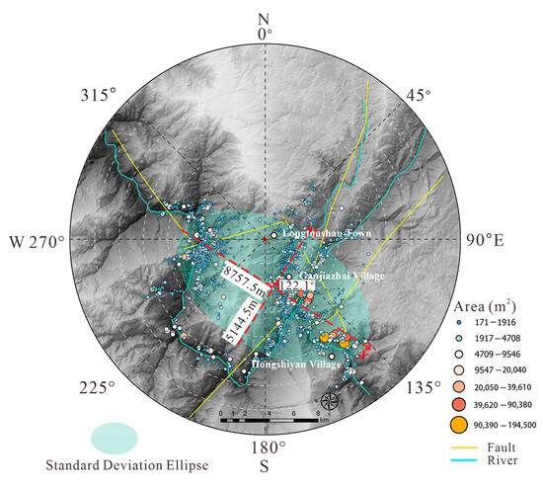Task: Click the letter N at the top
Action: [x=263, y=19]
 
